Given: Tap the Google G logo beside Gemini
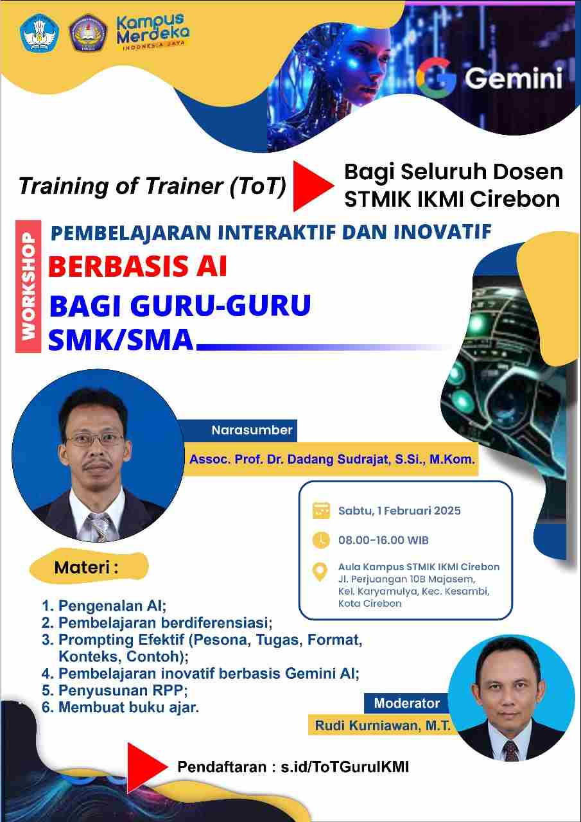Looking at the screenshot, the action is pyautogui.click(x=436, y=78).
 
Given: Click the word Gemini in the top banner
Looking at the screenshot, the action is pyautogui.click(x=514, y=78).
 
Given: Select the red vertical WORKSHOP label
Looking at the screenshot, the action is pyautogui.click(x=28, y=286).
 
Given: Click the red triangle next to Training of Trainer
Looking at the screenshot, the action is pyautogui.click(x=313, y=186).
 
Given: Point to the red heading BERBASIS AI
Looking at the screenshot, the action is pyautogui.click(x=137, y=266).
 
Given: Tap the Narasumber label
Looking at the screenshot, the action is pyautogui.click(x=252, y=430).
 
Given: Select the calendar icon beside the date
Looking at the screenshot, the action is pyautogui.click(x=321, y=511).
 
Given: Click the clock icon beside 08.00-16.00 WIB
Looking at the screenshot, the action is pyautogui.click(x=321, y=540).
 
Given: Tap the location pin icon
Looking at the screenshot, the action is pyautogui.click(x=320, y=572).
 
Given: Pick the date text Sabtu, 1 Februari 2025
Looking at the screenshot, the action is pyautogui.click(x=399, y=511).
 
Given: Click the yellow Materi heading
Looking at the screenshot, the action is pyautogui.click(x=87, y=568).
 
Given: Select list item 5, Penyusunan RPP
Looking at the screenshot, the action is pyautogui.click(x=115, y=690).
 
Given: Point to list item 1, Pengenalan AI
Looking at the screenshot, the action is pyautogui.click(x=104, y=606).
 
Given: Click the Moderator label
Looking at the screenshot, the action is pyautogui.click(x=407, y=703).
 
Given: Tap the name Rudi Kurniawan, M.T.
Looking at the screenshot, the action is pyautogui.click(x=383, y=726).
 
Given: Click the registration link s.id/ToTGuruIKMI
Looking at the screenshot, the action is pyautogui.click(x=345, y=767).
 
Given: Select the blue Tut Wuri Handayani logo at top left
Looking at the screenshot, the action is pyautogui.click(x=40, y=33).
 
